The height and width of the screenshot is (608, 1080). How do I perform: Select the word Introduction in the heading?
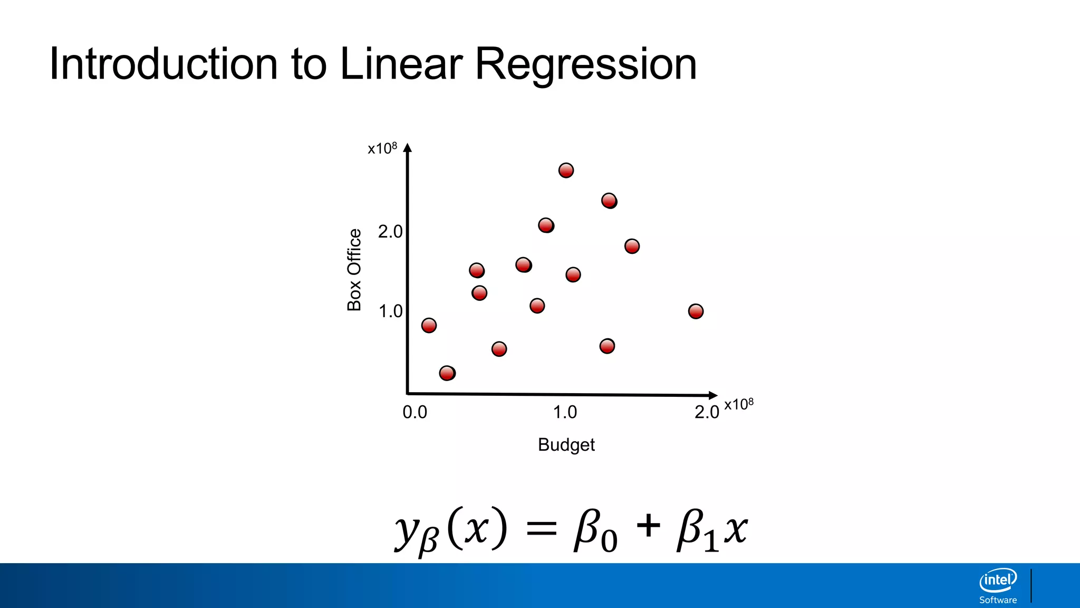(163, 64)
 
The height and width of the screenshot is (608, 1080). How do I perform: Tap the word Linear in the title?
(401, 64)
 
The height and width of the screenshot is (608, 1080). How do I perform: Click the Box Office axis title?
(354, 270)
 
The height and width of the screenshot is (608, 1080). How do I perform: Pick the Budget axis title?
(566, 445)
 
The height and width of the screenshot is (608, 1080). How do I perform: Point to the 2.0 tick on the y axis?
(390, 232)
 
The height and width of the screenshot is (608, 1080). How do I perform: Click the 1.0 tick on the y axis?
(390, 311)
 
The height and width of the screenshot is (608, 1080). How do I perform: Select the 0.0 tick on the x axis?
(414, 412)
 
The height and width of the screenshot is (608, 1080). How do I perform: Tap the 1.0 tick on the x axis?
(565, 412)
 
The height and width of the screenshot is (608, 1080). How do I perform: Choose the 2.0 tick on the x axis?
(707, 412)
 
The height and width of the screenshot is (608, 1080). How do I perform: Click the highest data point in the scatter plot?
(566, 170)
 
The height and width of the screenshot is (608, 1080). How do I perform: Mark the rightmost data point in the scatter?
(696, 311)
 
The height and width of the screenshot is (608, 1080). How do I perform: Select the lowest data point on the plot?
(447, 373)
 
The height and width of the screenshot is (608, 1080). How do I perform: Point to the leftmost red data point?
(429, 325)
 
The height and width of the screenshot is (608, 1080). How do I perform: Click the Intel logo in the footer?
(998, 581)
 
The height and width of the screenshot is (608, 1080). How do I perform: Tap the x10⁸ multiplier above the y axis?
(382, 148)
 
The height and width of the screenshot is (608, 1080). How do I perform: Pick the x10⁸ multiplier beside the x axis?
(739, 404)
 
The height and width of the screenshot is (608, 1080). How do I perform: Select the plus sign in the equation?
(648, 526)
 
